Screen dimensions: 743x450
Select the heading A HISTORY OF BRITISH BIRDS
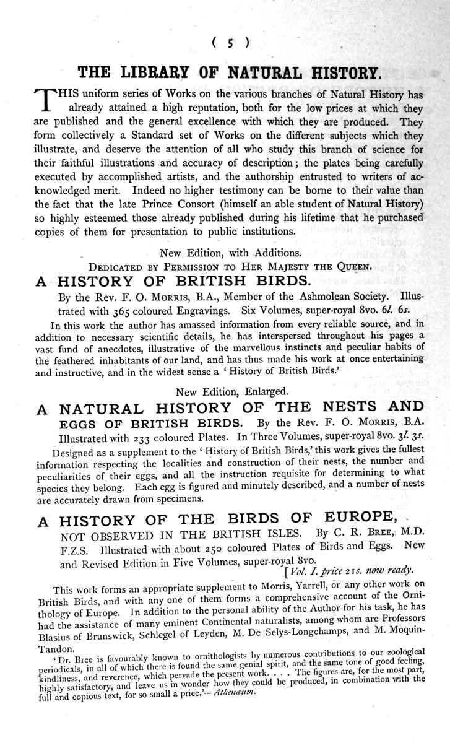click(172, 281)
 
